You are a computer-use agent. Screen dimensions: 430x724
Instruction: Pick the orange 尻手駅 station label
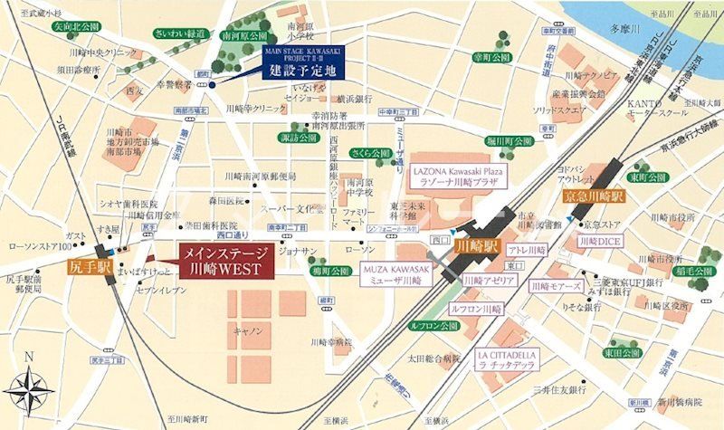pos(88,269)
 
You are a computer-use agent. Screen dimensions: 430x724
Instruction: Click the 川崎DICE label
pos(599,242)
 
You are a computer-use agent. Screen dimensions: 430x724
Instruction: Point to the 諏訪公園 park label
pos(298,139)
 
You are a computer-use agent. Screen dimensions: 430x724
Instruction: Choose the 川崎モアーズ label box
pos(555,287)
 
